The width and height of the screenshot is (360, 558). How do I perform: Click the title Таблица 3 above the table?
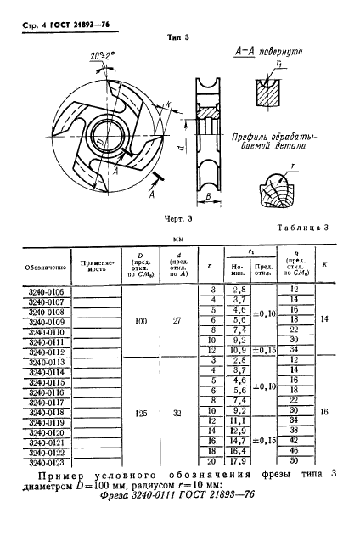[304, 228]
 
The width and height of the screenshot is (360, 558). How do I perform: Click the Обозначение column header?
[41, 266]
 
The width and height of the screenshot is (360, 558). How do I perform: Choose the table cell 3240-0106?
[41, 290]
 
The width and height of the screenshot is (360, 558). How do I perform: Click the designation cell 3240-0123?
[41, 464]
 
